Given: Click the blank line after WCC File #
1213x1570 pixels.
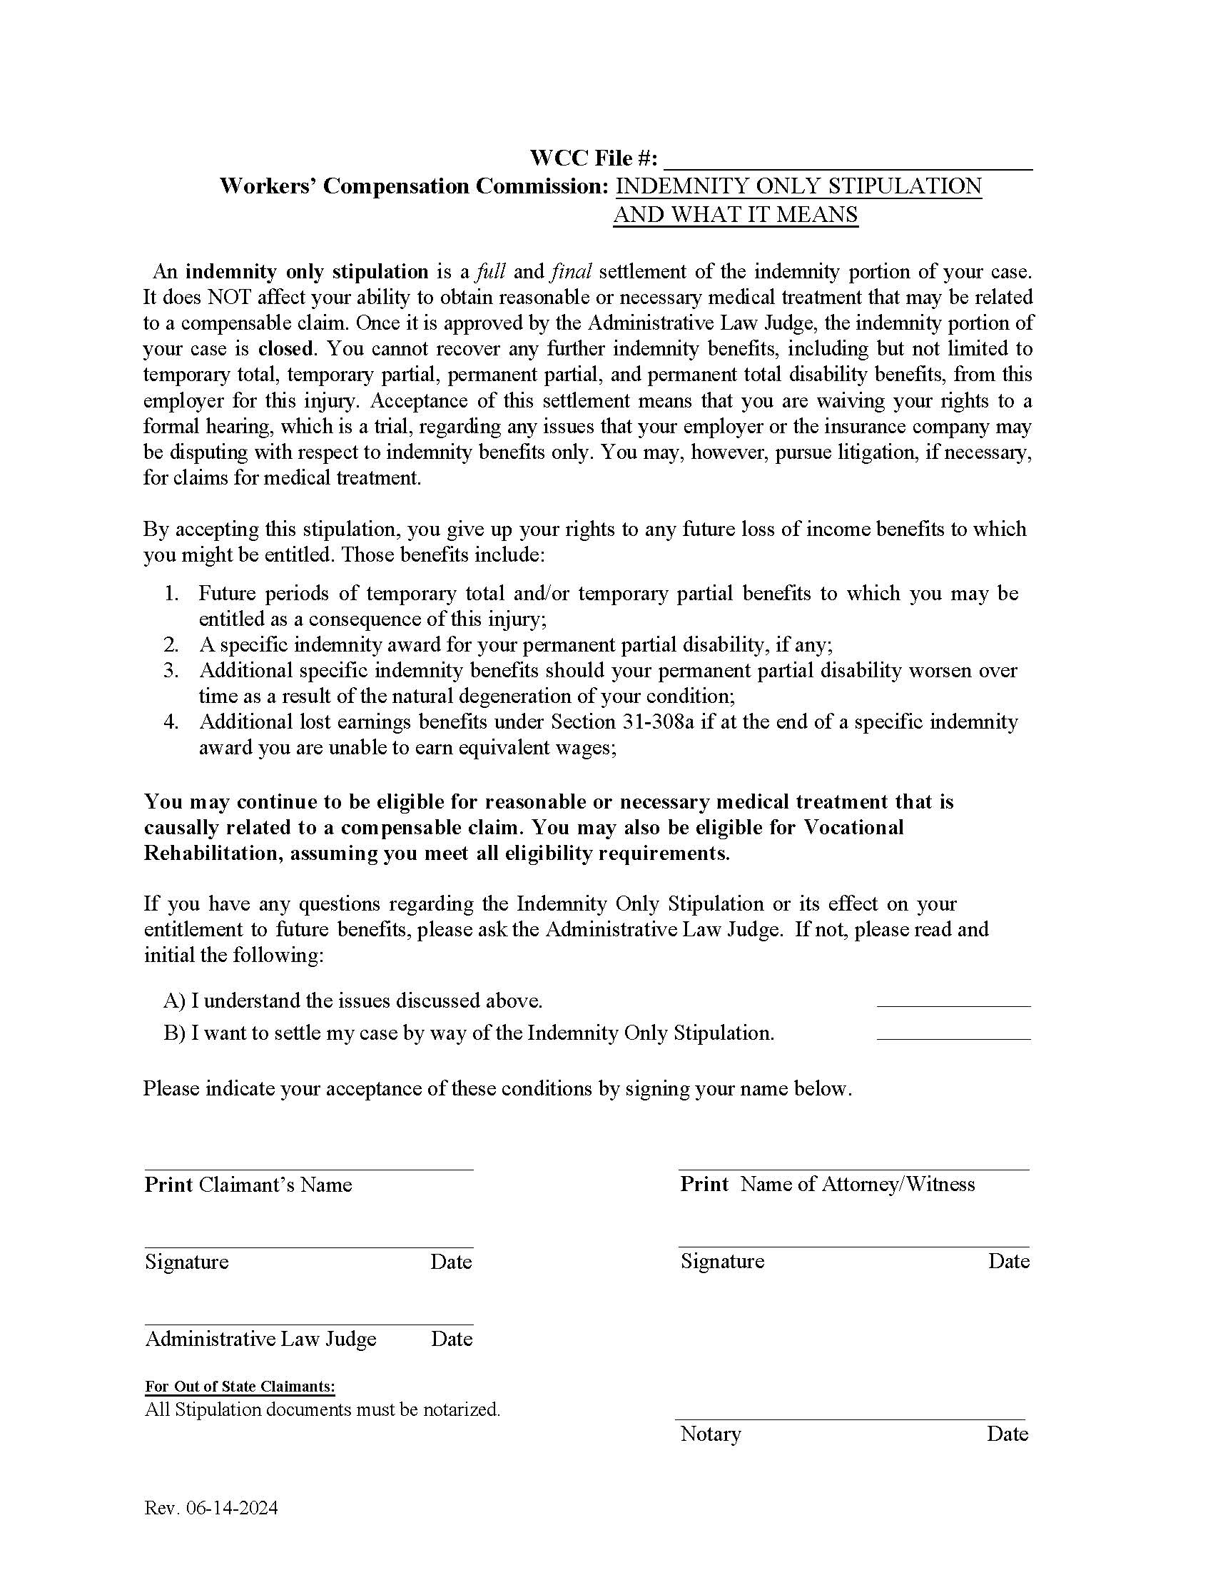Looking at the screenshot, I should [x=848, y=161].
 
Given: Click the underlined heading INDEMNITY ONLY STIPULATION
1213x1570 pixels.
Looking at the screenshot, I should [x=798, y=186].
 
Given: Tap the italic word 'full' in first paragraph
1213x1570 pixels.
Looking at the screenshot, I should [x=491, y=272].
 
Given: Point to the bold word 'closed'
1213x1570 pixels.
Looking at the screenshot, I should [x=286, y=349].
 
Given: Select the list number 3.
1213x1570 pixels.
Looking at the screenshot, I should [x=171, y=671].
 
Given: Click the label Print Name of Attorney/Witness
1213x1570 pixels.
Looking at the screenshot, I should [x=827, y=1185].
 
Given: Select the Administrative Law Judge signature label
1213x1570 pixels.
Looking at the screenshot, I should [x=261, y=1339].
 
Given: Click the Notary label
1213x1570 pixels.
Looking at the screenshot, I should [x=710, y=1434].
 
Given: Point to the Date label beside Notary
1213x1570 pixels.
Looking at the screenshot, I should [x=1007, y=1434].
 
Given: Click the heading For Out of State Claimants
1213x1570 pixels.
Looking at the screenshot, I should [x=240, y=1387].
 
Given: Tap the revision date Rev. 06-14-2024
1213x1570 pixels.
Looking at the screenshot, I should [x=210, y=1508].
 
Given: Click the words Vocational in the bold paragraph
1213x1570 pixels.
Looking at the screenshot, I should [x=853, y=827].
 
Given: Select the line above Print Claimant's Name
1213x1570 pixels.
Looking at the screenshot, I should [x=308, y=1170].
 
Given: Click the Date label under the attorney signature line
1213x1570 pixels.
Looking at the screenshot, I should [x=1008, y=1262].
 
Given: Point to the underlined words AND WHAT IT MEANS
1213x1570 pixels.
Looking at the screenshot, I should [x=735, y=215].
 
